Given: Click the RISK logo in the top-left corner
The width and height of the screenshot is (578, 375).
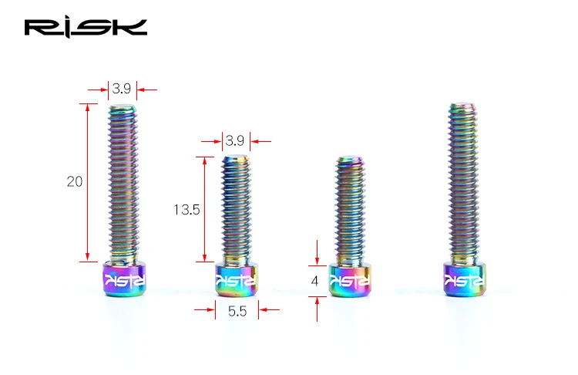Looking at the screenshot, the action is click(86, 27).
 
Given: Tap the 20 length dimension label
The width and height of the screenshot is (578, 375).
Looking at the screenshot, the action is click(75, 181).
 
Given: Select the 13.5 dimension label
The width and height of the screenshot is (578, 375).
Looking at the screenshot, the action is click(187, 210).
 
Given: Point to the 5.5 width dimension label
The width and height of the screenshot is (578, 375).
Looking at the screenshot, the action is click(237, 311).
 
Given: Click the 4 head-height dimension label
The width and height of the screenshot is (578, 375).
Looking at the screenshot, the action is click(314, 281).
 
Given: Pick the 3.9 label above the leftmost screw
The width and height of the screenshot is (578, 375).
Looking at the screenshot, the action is click(122, 89).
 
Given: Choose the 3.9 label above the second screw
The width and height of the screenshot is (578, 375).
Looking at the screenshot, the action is click(235, 140).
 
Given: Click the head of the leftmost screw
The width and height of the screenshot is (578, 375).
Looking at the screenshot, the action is click(125, 278).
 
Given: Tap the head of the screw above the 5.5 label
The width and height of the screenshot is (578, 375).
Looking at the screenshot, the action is click(237, 279).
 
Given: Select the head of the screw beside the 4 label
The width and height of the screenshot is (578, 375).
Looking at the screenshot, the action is click(350, 279).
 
